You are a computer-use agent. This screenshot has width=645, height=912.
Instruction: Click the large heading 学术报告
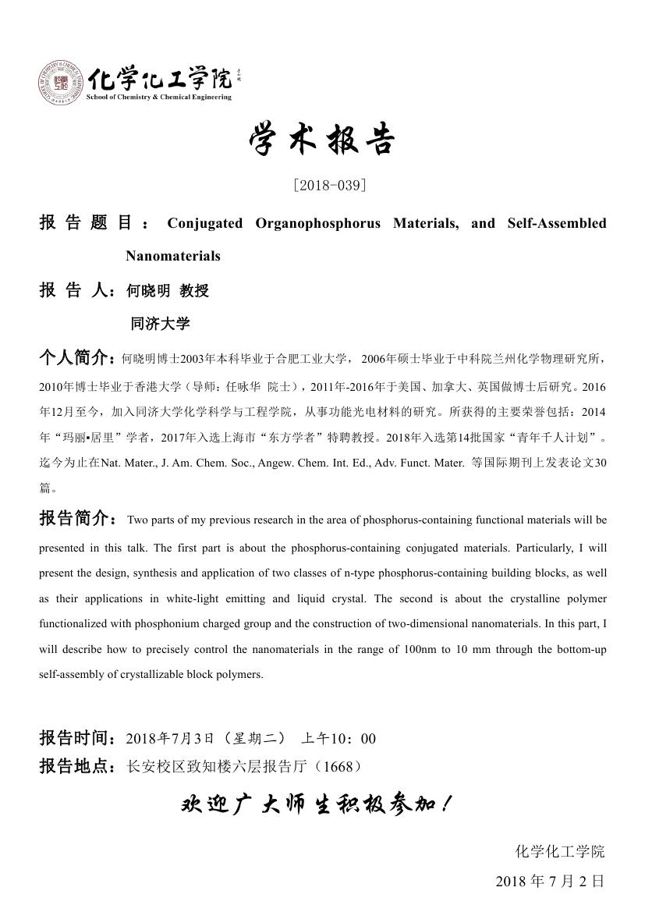pos(322,140)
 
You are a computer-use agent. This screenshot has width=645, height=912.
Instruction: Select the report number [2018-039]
pos(329,186)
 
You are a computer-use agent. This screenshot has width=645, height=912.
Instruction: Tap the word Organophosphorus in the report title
pos(318,223)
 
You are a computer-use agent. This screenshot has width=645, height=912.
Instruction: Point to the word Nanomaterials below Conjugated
pos(173,256)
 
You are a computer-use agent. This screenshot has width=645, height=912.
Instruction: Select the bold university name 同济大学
pos(161,323)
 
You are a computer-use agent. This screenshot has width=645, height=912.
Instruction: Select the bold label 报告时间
pos(76,738)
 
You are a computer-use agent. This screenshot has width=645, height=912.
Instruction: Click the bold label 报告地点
pos(76,767)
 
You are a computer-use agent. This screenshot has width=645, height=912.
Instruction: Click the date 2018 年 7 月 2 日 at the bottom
pos(550,882)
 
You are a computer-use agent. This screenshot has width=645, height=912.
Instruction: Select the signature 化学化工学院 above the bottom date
pos(560,851)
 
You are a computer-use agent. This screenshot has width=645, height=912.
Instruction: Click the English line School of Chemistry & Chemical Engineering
pos(158,97)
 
